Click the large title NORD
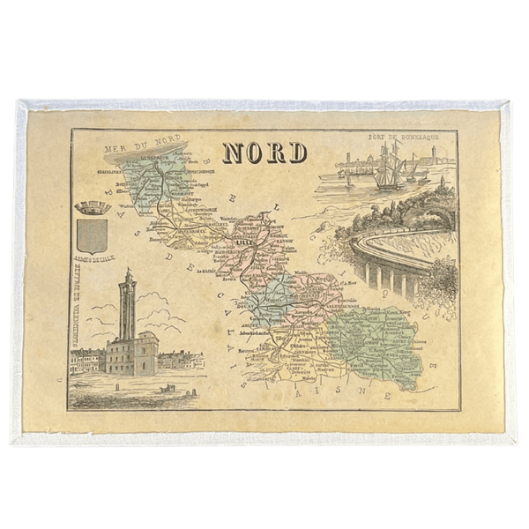click(264, 153)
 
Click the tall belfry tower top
click(129, 279)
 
